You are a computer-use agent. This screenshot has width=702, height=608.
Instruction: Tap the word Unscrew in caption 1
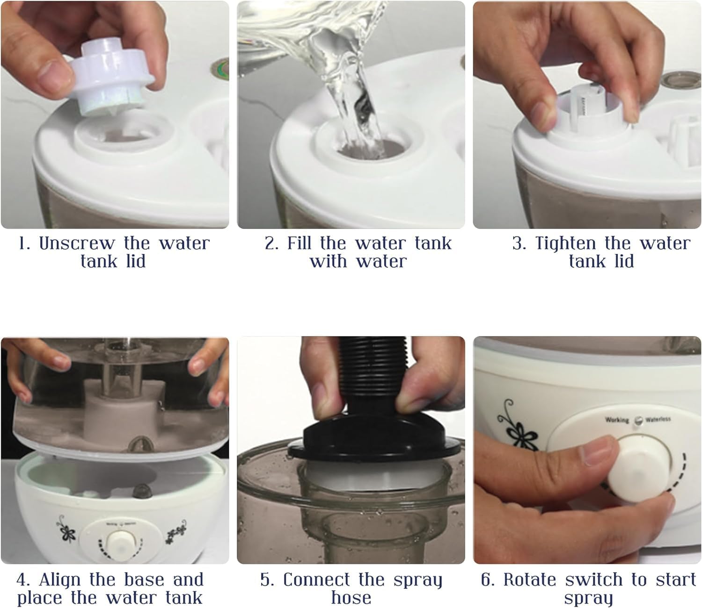[x=77, y=243]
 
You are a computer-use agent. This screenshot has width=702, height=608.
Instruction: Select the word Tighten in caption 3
[x=566, y=244]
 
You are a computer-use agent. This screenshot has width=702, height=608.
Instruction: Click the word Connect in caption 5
[x=317, y=580]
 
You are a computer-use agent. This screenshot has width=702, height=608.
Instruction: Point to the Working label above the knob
[x=617, y=420]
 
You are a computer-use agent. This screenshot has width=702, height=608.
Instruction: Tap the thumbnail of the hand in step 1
[x=51, y=81]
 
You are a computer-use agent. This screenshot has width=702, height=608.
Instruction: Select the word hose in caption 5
[x=351, y=598]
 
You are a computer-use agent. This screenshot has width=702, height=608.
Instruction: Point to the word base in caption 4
[x=145, y=580]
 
